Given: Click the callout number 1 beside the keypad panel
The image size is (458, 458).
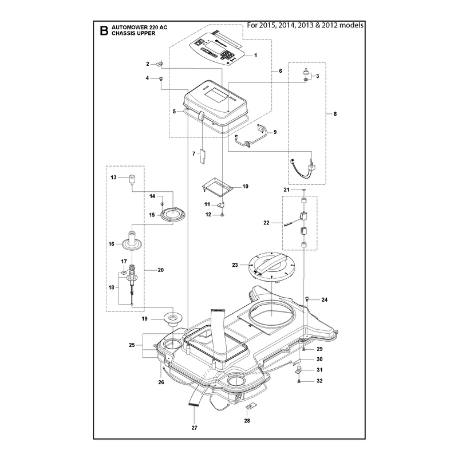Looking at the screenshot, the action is tap(255, 55).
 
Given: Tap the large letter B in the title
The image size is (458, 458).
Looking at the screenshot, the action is tap(104, 30).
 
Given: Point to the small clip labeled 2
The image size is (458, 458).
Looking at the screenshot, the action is tap(160, 64).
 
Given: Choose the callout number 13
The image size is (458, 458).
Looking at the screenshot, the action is tap(113, 177).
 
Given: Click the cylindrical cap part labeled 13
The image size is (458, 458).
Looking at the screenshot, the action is tap(132, 179).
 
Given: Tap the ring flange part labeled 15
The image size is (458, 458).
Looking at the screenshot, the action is tap(173, 214).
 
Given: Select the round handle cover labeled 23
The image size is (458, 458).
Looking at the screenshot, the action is tap(271, 267).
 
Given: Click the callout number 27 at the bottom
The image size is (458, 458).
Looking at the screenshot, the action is tap(195, 428).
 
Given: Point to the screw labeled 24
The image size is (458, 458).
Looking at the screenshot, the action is tap(307, 298).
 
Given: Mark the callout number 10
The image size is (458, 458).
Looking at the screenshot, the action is tap(246, 187).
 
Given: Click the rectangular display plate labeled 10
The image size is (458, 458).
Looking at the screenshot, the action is tap(218, 187).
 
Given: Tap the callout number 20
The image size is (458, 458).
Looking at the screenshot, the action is tap(161, 270).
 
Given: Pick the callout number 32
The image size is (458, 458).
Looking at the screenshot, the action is tap(319, 381).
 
